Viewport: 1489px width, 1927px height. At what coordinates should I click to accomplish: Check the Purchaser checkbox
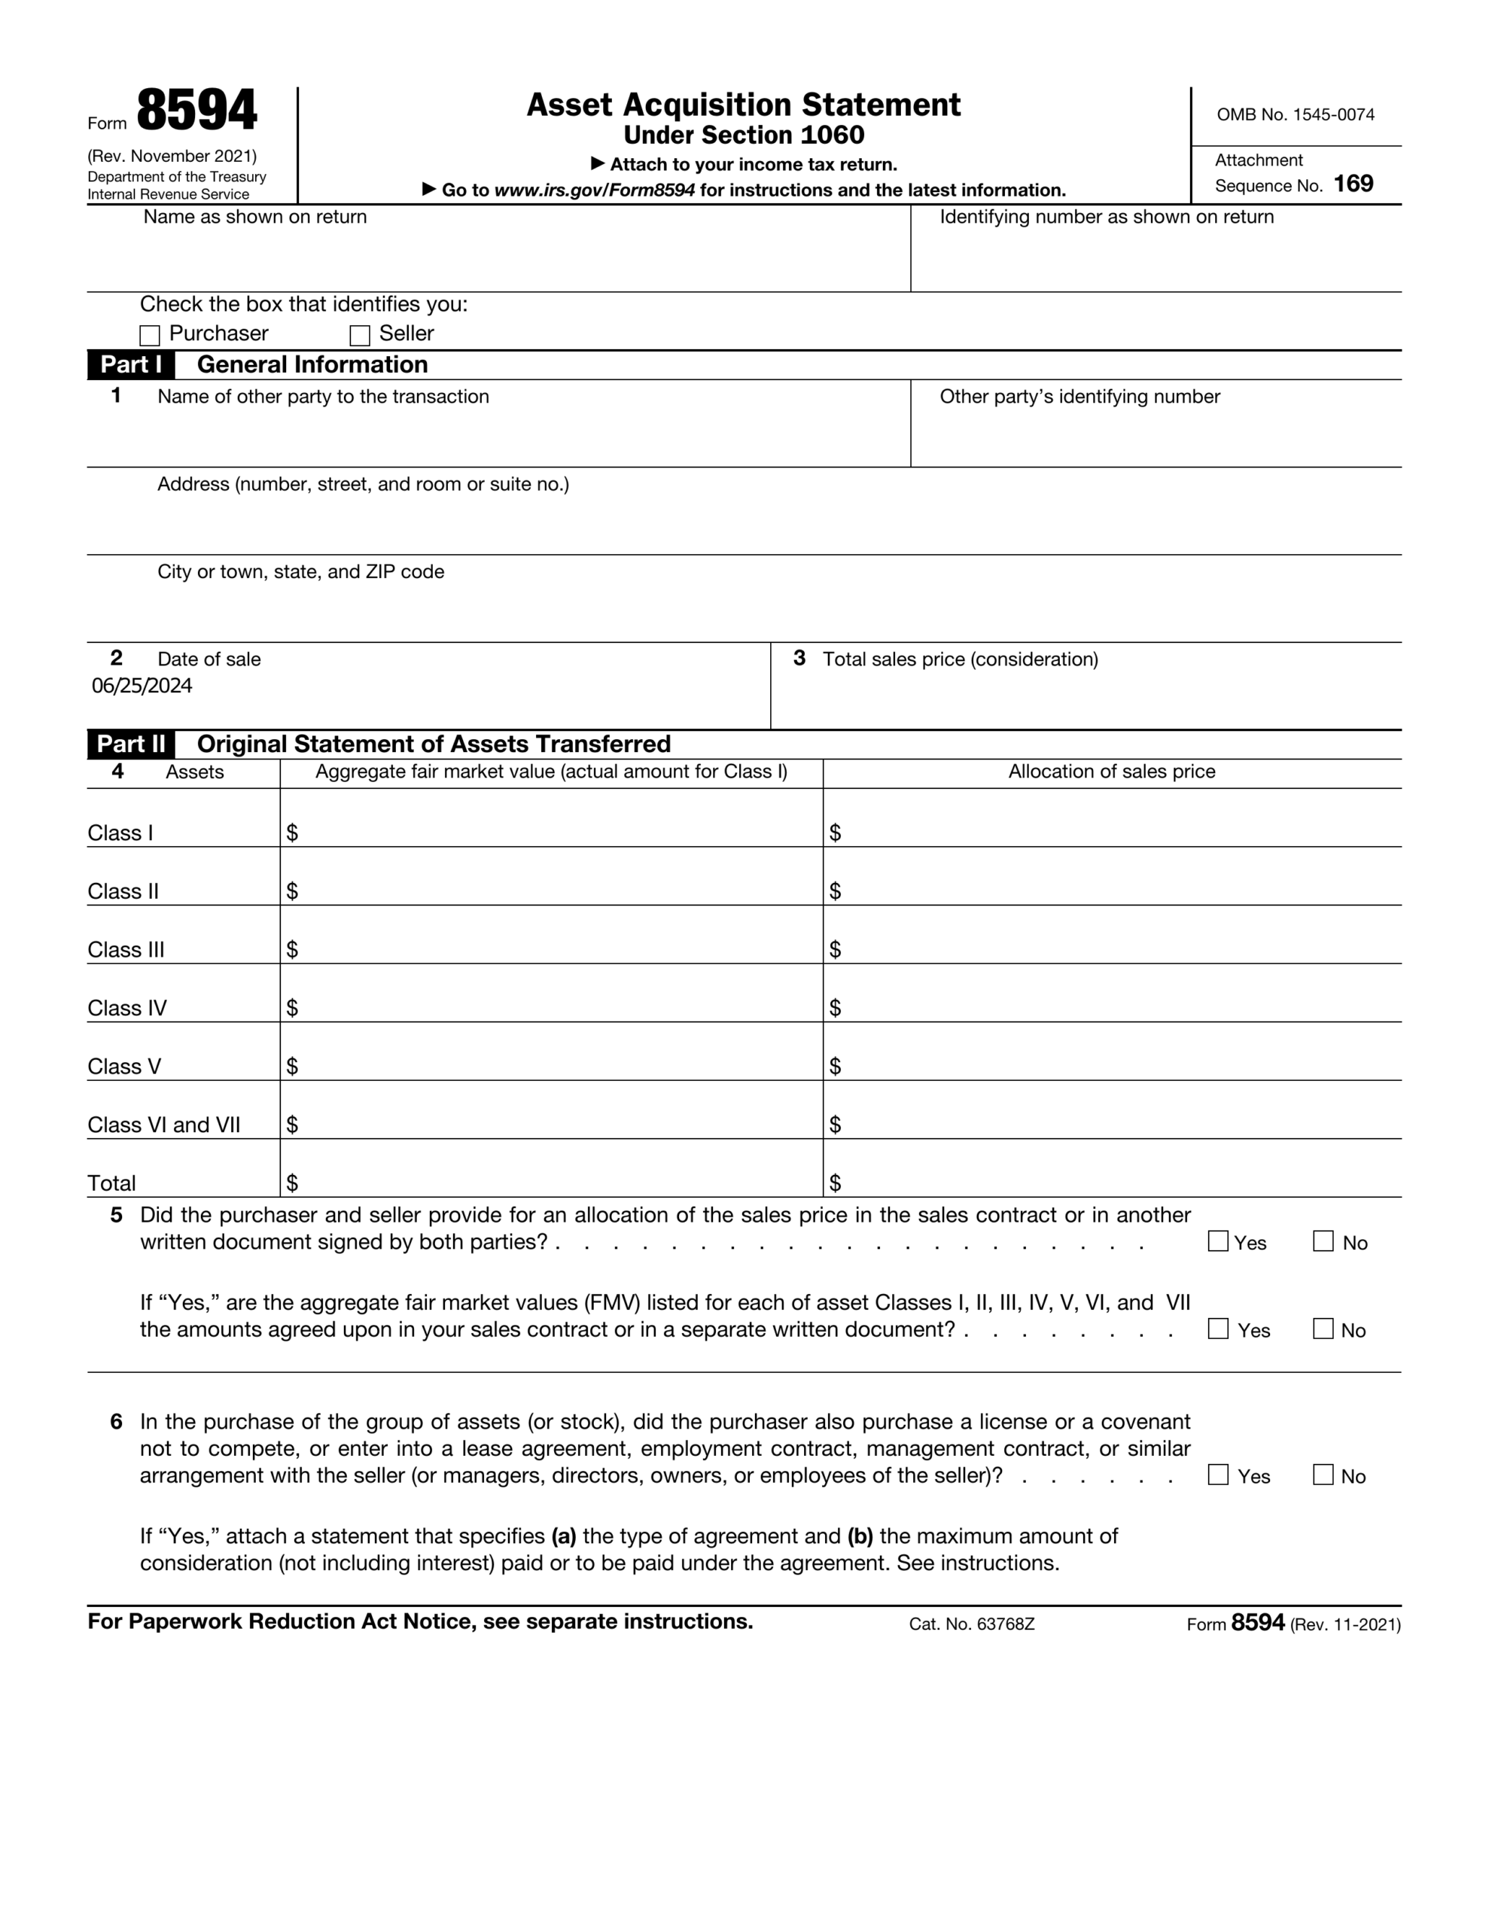tap(150, 335)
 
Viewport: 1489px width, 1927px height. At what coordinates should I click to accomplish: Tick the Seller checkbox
tap(359, 335)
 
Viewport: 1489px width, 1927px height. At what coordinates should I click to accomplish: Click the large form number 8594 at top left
tap(196, 111)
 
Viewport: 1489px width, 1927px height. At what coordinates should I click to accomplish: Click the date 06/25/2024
tap(142, 686)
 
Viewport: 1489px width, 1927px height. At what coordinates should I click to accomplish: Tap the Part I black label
tap(131, 364)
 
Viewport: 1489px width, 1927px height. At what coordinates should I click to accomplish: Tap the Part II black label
tap(131, 744)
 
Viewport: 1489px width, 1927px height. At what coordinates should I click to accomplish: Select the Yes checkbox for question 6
tap(1218, 1475)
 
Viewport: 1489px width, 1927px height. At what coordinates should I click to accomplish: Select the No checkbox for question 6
tap(1323, 1475)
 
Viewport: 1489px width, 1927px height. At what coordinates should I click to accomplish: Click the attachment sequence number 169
tap(1353, 184)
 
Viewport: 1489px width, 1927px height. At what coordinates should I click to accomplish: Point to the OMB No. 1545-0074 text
tap(1295, 114)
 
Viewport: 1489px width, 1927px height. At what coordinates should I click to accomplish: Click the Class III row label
tap(126, 949)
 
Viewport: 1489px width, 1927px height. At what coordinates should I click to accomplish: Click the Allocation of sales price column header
tap(1111, 771)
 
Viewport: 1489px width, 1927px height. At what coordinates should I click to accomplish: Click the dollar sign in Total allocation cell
tap(835, 1183)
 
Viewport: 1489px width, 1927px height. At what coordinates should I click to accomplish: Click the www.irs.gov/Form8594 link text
tap(594, 190)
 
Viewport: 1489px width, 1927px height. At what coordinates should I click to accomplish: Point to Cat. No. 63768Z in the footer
tap(971, 1624)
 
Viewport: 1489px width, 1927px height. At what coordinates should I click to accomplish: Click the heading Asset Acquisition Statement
tap(743, 105)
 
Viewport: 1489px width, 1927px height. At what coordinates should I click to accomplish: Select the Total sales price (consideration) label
tap(961, 659)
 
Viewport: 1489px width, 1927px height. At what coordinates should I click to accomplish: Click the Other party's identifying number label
tap(1079, 396)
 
